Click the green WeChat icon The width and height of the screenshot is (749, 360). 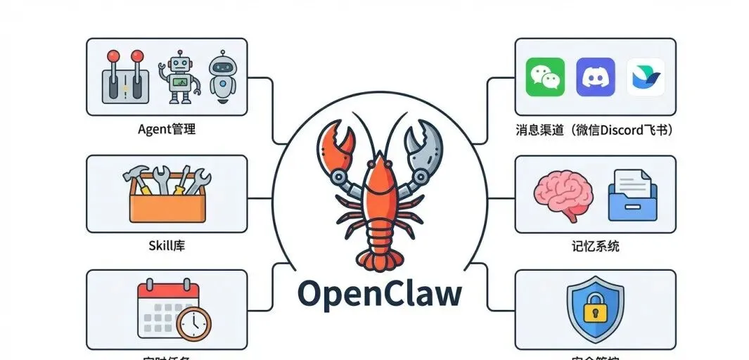(x=545, y=77)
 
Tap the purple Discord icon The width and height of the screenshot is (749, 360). (x=595, y=77)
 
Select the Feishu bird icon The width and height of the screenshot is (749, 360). (x=645, y=77)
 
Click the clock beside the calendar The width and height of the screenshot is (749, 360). (x=193, y=324)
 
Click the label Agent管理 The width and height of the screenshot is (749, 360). (x=167, y=129)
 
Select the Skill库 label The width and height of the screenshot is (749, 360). (x=167, y=246)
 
